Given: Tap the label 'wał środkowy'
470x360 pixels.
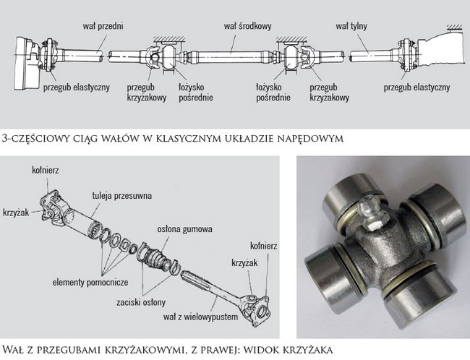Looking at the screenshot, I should click(247, 26).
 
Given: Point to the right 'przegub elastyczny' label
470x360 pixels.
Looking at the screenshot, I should click(416, 87).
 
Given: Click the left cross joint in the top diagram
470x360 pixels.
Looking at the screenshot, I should click(153, 54).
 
